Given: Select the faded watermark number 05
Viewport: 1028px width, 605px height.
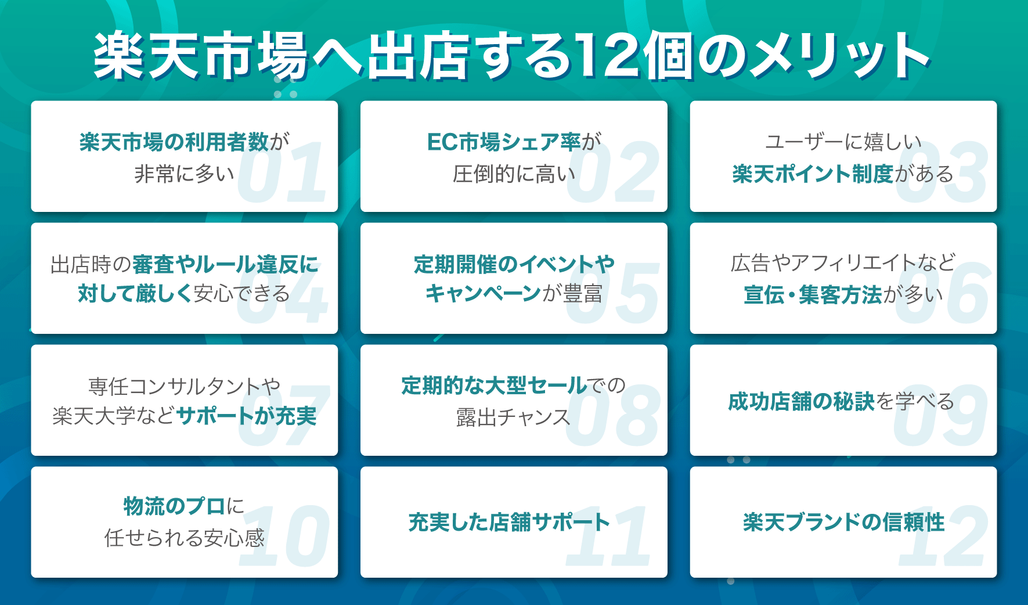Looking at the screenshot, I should click(612, 294).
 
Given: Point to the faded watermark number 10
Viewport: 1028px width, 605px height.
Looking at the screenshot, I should click(284, 536).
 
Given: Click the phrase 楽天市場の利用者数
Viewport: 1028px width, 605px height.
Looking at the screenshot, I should click(174, 142).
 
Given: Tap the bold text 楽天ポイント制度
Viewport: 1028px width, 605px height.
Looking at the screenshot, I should click(813, 174).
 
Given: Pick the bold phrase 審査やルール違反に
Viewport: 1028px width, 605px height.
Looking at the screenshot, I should click(226, 265).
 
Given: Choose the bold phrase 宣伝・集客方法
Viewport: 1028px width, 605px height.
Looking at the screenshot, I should click(813, 295).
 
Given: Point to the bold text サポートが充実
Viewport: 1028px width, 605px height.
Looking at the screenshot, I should click(246, 416).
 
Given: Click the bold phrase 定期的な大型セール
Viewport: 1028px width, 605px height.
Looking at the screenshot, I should click(494, 386).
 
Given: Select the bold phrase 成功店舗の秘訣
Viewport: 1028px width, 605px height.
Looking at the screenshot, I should click(801, 401).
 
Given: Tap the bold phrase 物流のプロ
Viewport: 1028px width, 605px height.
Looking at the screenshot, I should click(174, 506).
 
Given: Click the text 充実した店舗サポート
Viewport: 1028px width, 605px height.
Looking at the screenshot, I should click(509, 522).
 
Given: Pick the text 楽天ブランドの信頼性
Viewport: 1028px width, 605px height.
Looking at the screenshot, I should click(843, 522).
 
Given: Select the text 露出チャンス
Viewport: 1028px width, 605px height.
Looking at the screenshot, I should click(513, 417).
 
